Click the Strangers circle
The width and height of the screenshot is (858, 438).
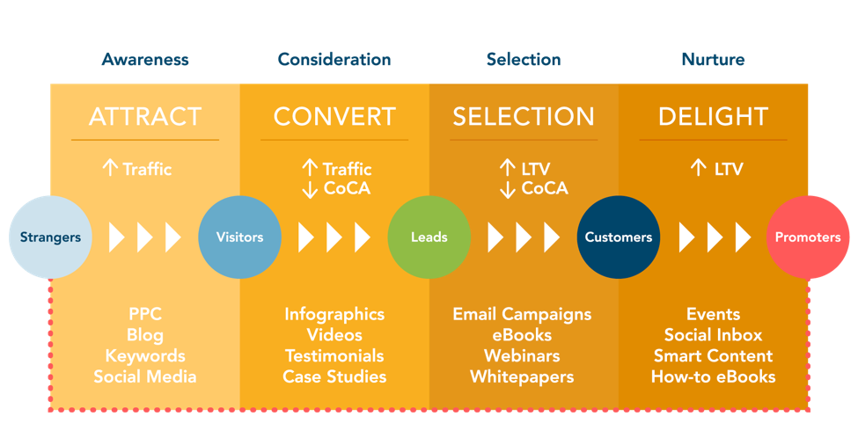click(x=50, y=237)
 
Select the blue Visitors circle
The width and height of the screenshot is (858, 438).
click(x=239, y=237)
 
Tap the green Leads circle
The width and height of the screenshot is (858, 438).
click(x=429, y=237)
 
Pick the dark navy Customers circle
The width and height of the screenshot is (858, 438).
click(x=619, y=237)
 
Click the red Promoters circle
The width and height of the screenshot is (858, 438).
click(x=807, y=237)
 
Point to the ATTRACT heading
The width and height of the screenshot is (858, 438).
click(x=145, y=117)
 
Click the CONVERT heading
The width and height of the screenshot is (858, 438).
click(x=334, y=117)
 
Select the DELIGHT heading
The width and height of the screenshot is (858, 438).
click(x=713, y=117)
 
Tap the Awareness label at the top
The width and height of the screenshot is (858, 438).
click(x=145, y=60)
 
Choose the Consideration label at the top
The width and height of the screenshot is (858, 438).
click(x=334, y=60)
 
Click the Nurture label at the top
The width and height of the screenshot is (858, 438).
click(x=713, y=60)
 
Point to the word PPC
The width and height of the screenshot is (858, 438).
click(x=145, y=314)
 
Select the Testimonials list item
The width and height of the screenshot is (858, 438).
click(x=334, y=356)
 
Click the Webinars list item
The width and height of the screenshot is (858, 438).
click(x=522, y=356)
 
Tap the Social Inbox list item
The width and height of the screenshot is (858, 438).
click(x=713, y=335)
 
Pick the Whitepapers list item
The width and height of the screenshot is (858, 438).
click(x=522, y=377)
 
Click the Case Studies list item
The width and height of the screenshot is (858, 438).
click(x=334, y=377)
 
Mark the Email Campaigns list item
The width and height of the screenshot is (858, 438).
click(x=522, y=314)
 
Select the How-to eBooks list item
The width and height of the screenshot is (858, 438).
click(x=713, y=377)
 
